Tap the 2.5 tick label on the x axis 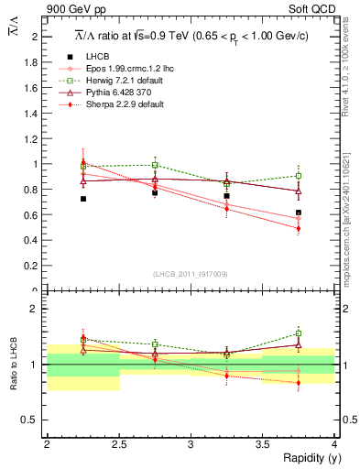(118, 443)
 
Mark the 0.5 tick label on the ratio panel (32, 420)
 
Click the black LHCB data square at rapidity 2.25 (82, 199)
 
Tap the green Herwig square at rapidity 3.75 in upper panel (299, 175)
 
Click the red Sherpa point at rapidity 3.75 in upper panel (299, 229)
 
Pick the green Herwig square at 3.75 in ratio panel (299, 333)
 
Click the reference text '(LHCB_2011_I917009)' (190, 273)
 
